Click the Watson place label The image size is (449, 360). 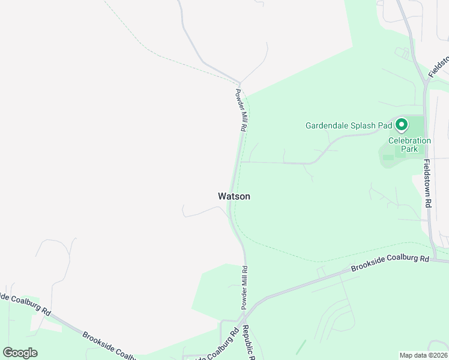pos(234,196)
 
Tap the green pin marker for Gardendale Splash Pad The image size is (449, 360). pos(402,125)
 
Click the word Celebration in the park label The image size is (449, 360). pos(409,141)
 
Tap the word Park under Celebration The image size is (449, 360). pos(409,149)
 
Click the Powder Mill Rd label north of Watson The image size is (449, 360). pos(241,111)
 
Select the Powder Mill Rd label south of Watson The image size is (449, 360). pos(245,288)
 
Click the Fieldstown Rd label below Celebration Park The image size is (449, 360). pos(426,184)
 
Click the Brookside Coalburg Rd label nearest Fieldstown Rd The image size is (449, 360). pos(391,264)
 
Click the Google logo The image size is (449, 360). pos(20,352)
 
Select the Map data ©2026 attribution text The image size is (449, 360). pos(423,355)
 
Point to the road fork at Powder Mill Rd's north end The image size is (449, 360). pos(239,83)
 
